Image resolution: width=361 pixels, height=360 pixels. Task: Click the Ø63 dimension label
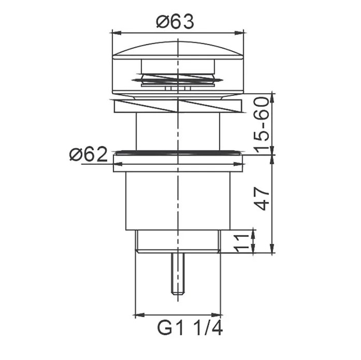click(x=175, y=22)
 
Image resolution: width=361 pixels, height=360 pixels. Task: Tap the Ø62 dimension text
click(x=89, y=154)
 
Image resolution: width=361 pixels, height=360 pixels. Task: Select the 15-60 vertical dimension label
click(x=262, y=125)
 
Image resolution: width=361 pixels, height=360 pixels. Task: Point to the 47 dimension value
click(x=262, y=198)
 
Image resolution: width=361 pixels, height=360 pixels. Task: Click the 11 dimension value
click(x=241, y=243)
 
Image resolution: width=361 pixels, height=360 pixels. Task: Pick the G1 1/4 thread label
click(x=190, y=328)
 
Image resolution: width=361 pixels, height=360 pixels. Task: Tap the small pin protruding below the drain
click(x=178, y=273)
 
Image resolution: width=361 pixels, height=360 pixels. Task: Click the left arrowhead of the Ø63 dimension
click(x=117, y=33)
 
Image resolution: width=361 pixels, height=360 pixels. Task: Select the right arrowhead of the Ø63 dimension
click(x=239, y=33)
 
